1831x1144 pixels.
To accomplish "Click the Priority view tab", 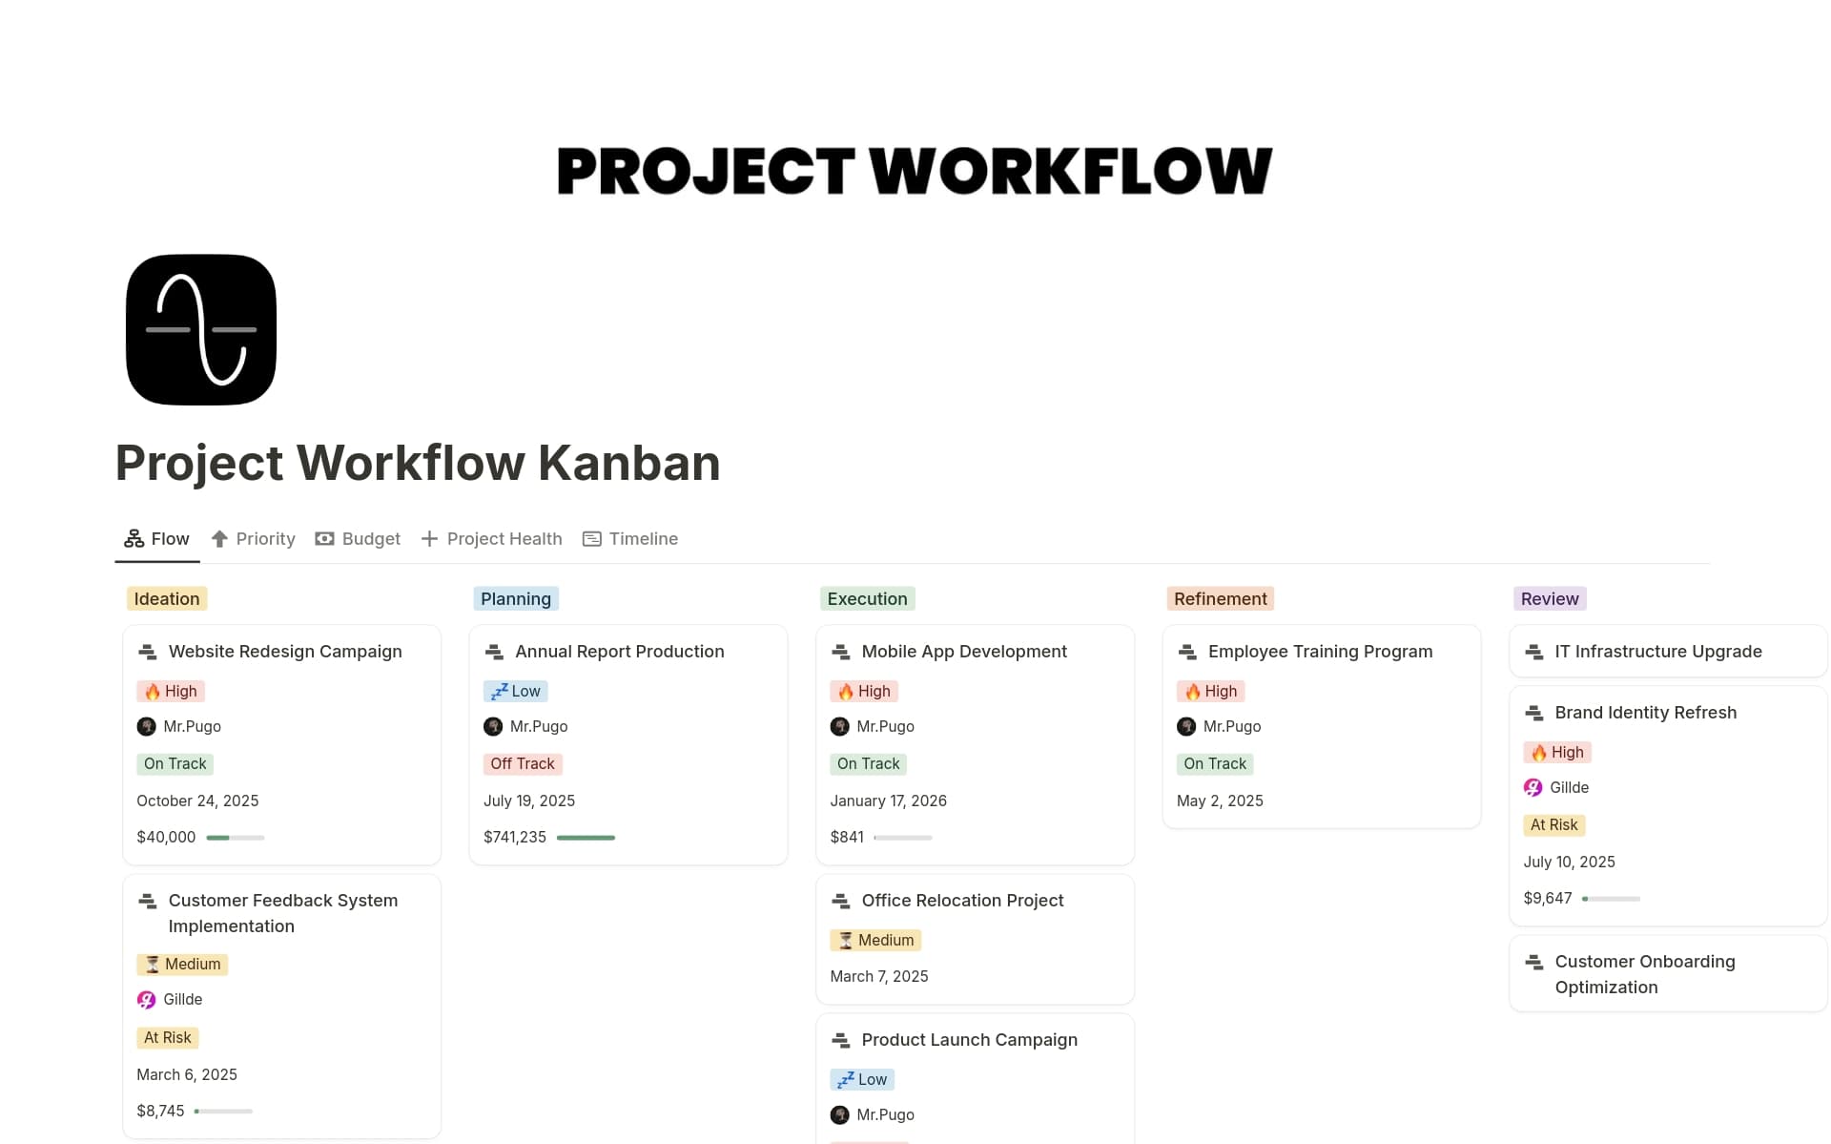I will pos(254,539).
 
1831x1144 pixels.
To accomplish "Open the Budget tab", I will pos(359,539).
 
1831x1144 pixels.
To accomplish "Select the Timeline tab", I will pos(630,539).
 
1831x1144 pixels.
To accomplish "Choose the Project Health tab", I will pos(492,539).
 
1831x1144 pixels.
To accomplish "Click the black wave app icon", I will pos(201,330).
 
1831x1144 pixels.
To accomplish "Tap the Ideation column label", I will pos(167,599).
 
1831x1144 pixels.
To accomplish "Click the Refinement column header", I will pos(1220,599).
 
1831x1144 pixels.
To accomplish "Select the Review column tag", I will pos(1549,599).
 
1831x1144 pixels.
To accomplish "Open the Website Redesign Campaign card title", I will pos(285,652).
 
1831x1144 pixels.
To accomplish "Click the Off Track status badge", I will pos(522,764).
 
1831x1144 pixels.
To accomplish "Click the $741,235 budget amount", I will pos(515,838).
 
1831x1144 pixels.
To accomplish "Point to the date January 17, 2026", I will pos(888,801).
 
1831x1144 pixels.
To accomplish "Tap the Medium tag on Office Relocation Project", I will pos(875,941).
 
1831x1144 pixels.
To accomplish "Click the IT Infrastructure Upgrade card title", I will pos(1657,652).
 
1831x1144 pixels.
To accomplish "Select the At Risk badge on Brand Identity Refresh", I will pos(1553,825).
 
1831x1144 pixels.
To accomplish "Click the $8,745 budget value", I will pos(160,1112).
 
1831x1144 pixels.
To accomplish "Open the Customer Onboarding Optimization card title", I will pos(1644,974).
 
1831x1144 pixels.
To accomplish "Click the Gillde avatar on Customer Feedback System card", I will pos(146,1000).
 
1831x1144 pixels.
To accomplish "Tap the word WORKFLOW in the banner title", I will pos(1070,172).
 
